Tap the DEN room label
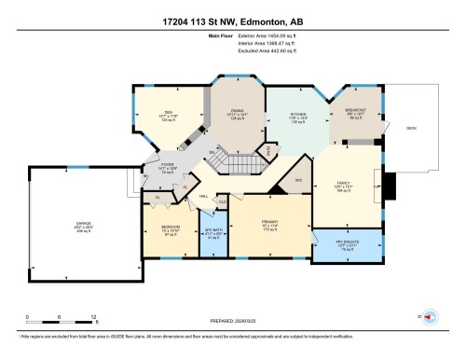pos(169,113)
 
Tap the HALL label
pos(202,197)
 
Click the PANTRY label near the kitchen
pos(269,148)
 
